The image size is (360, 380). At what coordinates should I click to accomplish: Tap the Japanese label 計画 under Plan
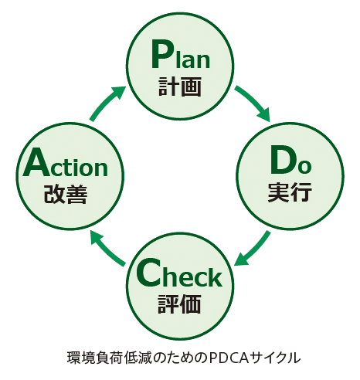(179, 87)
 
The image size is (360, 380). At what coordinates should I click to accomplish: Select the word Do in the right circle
(290, 160)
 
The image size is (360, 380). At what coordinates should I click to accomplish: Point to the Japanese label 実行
(290, 192)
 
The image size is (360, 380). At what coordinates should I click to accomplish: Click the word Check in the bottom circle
(179, 273)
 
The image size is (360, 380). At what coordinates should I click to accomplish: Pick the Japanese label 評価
(179, 304)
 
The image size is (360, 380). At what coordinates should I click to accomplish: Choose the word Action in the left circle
(66, 163)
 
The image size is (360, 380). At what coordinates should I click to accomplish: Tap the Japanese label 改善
(66, 194)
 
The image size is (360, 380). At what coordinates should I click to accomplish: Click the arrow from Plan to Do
(253, 103)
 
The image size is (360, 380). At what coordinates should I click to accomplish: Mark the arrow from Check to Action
(107, 248)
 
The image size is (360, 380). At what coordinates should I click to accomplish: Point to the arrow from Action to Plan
(107, 103)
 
